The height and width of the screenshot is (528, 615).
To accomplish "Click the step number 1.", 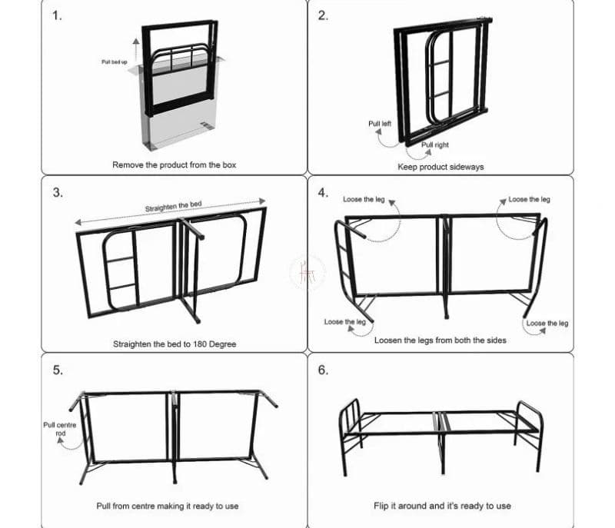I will point(58,16).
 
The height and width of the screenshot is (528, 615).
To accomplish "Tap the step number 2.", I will point(323,16).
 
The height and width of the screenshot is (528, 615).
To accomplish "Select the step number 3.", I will point(58,193).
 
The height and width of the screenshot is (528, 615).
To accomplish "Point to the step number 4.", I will point(323,193).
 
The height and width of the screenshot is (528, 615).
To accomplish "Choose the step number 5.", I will point(58,370).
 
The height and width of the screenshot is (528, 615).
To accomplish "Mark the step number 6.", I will point(323,370).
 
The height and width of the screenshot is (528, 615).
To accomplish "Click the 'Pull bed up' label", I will point(115,61).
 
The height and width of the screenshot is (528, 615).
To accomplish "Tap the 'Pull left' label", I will point(380,124).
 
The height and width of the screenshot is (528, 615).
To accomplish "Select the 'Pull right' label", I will point(435,144).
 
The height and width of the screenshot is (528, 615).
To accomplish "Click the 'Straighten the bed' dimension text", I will point(173,207).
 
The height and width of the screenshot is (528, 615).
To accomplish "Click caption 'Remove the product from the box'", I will point(175,165).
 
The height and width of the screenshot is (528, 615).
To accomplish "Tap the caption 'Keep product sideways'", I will point(440,167).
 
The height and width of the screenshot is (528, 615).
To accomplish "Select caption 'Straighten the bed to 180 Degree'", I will point(175,344).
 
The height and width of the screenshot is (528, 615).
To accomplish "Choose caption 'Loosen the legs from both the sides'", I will point(440,340).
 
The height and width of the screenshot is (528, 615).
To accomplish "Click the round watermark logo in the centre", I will point(307,271).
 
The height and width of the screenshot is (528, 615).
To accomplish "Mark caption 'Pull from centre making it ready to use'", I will point(175,506).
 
